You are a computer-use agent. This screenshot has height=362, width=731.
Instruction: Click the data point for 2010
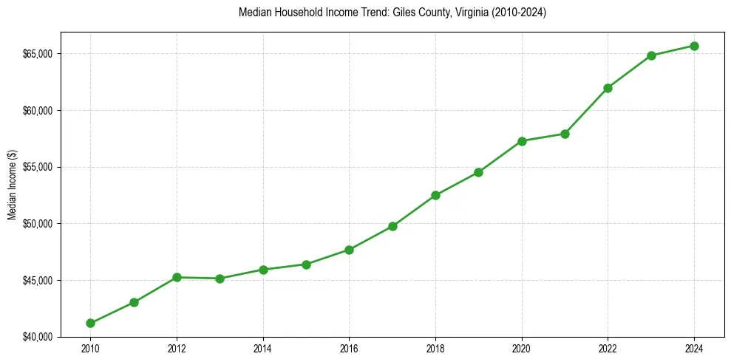(90, 323)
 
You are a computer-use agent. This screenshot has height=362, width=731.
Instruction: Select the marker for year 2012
(177, 277)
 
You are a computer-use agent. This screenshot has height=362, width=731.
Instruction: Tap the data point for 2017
(392, 226)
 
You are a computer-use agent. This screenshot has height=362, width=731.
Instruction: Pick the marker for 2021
(565, 134)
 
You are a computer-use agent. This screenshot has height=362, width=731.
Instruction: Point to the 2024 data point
(695, 46)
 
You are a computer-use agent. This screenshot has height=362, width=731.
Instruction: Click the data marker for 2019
(478, 172)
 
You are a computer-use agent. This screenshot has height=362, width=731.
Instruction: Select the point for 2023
(651, 55)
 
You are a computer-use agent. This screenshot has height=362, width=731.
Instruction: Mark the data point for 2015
(306, 264)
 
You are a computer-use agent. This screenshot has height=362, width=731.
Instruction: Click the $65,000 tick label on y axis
(37, 54)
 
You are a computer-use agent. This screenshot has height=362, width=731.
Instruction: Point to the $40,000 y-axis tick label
(37, 337)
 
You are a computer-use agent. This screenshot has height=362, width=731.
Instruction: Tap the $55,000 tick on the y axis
(37, 167)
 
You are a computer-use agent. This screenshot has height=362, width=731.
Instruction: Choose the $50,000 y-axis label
(37, 224)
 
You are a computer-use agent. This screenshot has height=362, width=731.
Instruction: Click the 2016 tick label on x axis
(349, 348)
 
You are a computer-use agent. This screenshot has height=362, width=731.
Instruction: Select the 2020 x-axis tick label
(522, 348)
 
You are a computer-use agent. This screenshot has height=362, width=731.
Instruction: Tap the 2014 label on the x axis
(262, 348)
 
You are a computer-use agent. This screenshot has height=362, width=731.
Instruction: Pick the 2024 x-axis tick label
(695, 348)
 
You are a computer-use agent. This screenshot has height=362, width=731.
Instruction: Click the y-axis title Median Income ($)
(12, 188)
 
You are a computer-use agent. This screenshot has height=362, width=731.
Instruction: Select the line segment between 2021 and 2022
(586, 111)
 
